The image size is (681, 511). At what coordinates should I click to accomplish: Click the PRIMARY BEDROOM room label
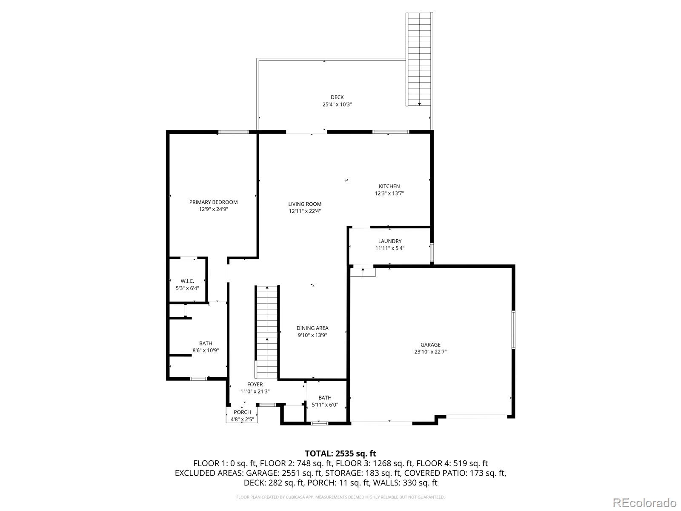[214, 202]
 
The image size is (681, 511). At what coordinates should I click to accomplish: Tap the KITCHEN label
[389, 187]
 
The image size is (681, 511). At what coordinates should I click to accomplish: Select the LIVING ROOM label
[305, 204]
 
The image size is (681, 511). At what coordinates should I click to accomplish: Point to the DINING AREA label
[312, 328]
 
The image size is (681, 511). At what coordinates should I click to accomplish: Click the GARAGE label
[430, 344]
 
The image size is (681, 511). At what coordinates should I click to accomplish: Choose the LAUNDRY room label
[390, 241]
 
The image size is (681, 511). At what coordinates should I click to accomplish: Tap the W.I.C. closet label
[187, 281]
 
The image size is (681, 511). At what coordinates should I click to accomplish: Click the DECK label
[337, 98]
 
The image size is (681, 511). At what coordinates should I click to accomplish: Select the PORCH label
[242, 412]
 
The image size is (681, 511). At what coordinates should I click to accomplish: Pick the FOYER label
[255, 385]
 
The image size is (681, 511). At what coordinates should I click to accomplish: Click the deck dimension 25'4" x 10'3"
[337, 105]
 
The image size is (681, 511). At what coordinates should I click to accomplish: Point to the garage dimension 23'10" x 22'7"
[430, 352]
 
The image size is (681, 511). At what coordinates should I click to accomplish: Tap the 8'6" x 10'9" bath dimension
[206, 350]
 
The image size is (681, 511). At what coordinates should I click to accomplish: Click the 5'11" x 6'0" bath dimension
[325, 405]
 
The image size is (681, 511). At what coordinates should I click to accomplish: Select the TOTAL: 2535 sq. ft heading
[340, 454]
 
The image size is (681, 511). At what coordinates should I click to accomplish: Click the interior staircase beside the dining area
[267, 332]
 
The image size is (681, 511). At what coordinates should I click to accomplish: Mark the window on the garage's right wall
[513, 330]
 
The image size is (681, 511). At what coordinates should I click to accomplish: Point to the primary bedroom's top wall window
[233, 132]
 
